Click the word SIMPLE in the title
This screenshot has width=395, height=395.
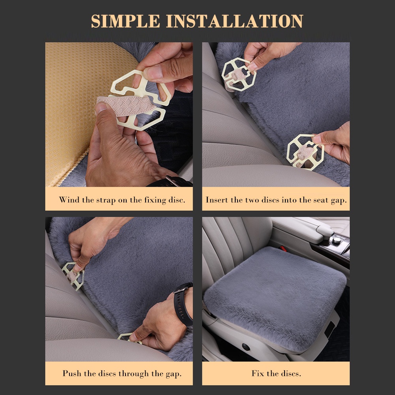point(125,21)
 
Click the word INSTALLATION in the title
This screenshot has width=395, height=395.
point(234,21)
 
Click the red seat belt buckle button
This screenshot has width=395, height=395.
point(283,249)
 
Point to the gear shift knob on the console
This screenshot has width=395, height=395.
point(336,239)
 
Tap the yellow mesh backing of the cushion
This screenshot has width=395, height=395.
point(80,109)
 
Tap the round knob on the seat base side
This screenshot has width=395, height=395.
point(245,347)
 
